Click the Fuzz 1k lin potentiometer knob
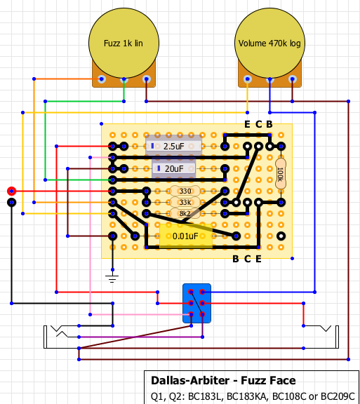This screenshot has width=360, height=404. (x=124, y=43)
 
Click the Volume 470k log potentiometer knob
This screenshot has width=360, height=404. (x=269, y=43)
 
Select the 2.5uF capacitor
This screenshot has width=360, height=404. (x=173, y=146)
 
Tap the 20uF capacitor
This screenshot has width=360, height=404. (x=173, y=168)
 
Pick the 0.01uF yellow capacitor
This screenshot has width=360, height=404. (x=186, y=236)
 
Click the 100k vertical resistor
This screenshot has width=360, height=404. (x=281, y=174)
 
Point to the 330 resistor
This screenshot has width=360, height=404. (x=185, y=191)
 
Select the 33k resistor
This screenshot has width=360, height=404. (x=185, y=202)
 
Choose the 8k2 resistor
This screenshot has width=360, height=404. (x=185, y=213)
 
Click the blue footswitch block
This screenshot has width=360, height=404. (x=196, y=303)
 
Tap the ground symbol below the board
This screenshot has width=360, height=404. (x=112, y=278)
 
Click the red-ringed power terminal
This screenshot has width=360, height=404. (x=12, y=191)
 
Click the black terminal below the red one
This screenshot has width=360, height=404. (x=12, y=202)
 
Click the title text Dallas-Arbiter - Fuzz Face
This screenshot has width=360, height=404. (x=223, y=381)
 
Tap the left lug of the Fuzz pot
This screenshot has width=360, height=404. (x=102, y=79)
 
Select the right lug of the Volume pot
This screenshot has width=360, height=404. (x=292, y=79)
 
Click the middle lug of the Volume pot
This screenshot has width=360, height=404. (x=269, y=79)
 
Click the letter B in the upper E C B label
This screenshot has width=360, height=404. (x=269, y=124)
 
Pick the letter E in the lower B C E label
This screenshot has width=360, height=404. (x=258, y=259)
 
